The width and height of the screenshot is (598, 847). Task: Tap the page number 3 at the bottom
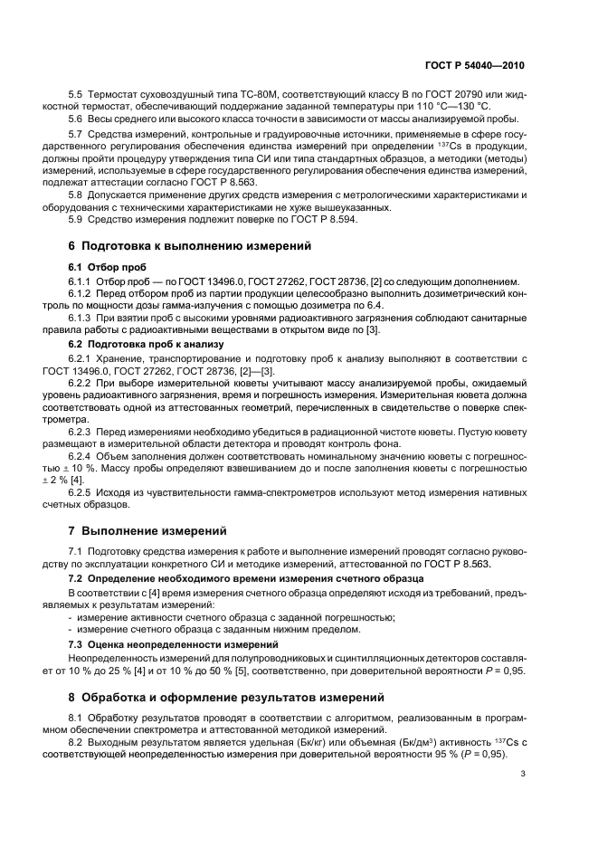click(x=522, y=773)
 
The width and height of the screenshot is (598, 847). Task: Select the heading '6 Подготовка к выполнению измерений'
click(x=190, y=245)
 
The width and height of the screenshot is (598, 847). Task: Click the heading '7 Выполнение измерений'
click(x=147, y=529)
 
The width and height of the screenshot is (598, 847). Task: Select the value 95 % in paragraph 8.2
click(x=443, y=753)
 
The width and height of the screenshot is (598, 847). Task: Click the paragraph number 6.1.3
click(x=82, y=318)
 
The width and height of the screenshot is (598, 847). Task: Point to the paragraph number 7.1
click(x=77, y=551)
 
